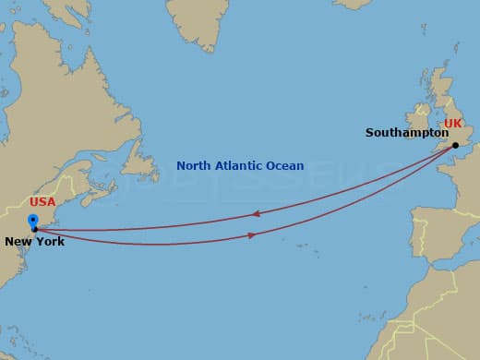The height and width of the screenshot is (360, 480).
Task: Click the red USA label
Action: (x=42, y=201)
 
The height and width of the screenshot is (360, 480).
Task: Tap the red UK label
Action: (x=452, y=123)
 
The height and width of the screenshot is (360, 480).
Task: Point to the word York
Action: (x=51, y=242)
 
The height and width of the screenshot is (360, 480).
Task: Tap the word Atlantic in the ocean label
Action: (x=239, y=166)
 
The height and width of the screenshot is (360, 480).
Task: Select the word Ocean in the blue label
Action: (x=285, y=166)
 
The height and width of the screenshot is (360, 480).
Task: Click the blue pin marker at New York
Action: (x=33, y=221)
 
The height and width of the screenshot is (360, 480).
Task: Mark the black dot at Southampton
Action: (x=455, y=145)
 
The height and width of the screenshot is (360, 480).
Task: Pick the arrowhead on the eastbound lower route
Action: (x=252, y=235)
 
